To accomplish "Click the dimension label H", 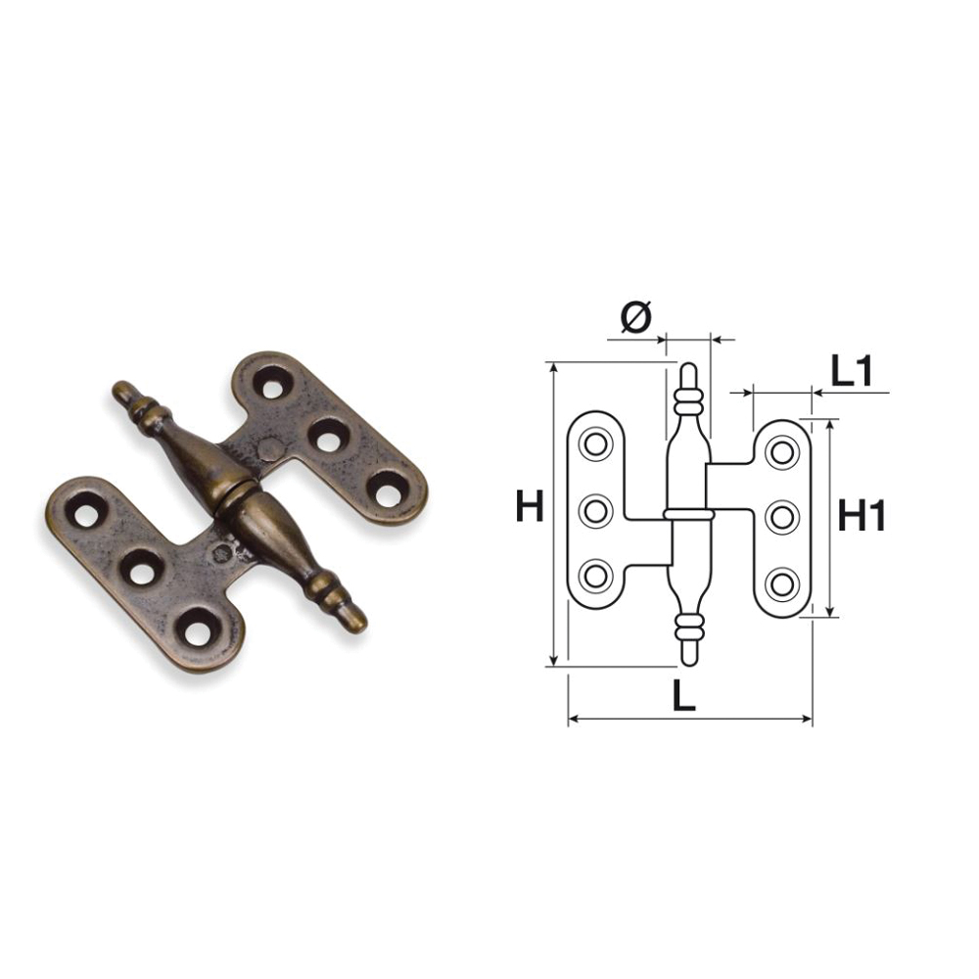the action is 530,506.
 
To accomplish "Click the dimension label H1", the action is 862,516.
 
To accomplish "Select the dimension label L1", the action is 851,372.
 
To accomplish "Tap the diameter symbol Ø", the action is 636,316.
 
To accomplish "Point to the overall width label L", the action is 683,695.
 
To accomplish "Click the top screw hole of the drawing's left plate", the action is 595,443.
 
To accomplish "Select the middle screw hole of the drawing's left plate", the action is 595,510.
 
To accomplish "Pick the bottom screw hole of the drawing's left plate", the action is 595,575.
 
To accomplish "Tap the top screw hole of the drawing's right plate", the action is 782,452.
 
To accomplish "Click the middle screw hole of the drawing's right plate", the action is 782,518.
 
